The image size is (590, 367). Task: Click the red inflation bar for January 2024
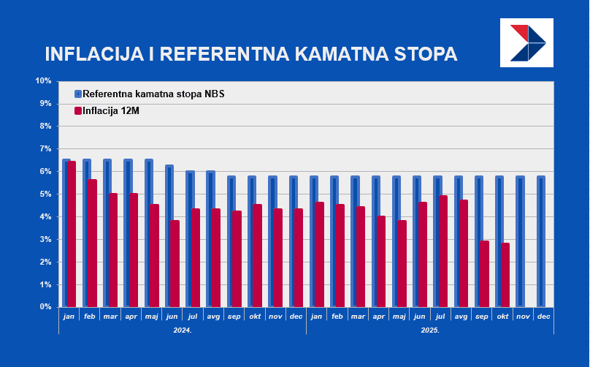(71, 234)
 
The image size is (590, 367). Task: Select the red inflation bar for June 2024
(174, 263)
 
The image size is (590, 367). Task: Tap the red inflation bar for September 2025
(484, 273)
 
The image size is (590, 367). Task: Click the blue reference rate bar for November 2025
(520, 241)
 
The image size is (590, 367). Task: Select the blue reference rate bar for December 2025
(540, 241)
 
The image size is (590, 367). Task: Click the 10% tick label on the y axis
(43, 80)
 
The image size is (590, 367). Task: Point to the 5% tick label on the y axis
(45, 194)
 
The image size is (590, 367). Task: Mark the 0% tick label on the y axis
(45, 307)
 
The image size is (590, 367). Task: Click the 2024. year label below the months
(182, 330)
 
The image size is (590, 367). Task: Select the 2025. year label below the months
(429, 330)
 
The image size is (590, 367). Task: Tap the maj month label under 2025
(399, 316)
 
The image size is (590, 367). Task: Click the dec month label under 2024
(296, 316)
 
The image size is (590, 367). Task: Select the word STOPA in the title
(425, 55)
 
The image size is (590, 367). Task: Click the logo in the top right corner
(526, 43)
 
